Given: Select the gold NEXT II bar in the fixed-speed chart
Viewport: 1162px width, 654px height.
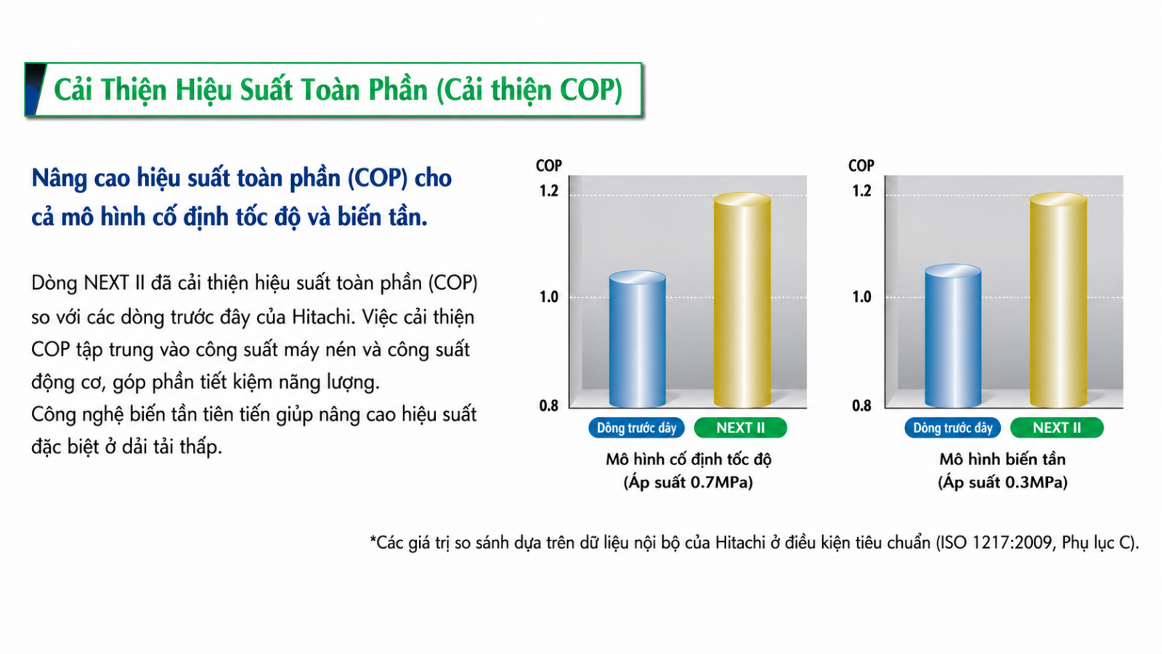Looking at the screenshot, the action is tap(742, 300).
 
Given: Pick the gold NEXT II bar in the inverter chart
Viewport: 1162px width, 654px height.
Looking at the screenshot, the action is tap(1058, 300).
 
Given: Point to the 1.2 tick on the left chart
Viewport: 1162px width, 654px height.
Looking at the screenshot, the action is tap(549, 191).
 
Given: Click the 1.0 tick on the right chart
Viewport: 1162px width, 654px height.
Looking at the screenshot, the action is tap(861, 297).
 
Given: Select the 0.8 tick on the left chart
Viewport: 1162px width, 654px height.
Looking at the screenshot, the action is tap(549, 405).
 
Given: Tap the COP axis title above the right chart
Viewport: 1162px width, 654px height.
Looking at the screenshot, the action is tap(861, 166).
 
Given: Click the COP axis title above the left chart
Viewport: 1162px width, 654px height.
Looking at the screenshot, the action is tap(549, 166).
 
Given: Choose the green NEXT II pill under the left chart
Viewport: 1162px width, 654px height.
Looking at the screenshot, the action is tap(740, 428).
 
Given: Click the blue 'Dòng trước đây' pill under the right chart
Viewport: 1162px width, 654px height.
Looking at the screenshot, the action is tap(952, 428).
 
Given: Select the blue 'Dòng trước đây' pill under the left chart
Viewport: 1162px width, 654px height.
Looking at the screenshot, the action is tap(636, 428).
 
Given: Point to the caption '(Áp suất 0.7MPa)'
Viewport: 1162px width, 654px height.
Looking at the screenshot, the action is tap(688, 483).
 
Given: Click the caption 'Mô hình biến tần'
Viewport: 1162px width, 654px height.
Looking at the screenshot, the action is tap(1003, 459).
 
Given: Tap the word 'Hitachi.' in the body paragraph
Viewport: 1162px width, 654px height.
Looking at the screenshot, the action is tap(324, 317).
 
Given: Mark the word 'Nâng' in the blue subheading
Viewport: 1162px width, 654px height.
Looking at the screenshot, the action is tap(59, 179).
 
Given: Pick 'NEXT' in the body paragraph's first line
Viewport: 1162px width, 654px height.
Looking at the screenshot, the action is tap(106, 283).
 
